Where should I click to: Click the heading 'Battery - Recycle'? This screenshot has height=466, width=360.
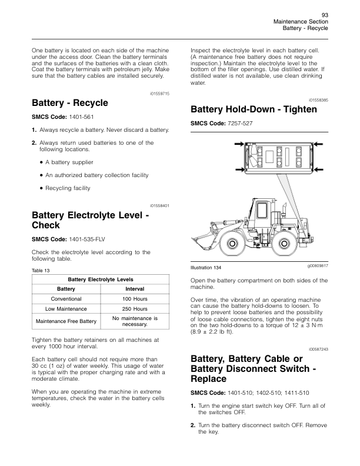tap(70, 103)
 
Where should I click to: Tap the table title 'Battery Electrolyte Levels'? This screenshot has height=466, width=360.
tap(101, 279)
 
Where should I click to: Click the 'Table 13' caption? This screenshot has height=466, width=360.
tap(41, 270)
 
